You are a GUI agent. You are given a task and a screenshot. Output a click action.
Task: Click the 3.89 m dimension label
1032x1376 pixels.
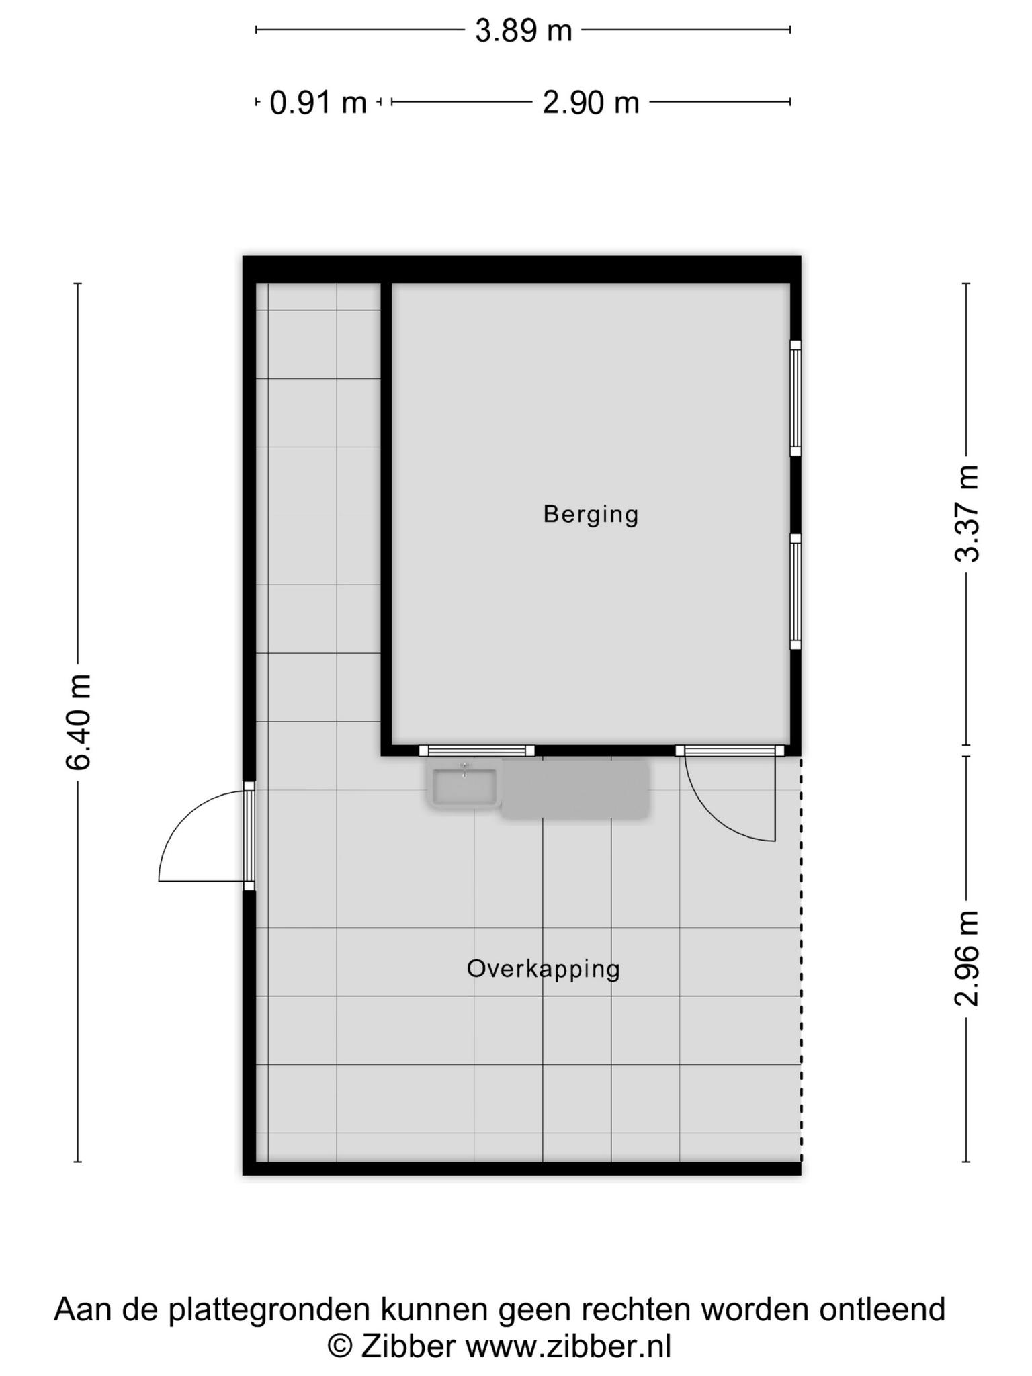tap(523, 31)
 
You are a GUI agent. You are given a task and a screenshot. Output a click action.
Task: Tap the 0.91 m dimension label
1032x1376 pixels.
tap(318, 103)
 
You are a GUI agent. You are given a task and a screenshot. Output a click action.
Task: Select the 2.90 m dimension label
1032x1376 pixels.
tap(591, 103)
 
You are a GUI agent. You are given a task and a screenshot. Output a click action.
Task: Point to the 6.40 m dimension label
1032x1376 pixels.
tap(78, 721)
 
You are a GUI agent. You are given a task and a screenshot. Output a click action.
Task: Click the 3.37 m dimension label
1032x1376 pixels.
tap(967, 514)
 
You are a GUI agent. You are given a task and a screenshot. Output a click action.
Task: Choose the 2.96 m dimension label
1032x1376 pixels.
tap(967, 959)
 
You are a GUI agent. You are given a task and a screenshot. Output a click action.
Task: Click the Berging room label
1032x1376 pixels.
tap(591, 515)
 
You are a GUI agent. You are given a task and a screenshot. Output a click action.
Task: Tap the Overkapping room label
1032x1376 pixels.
tap(543, 970)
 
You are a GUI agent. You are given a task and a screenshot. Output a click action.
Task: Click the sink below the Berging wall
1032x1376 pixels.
tap(464, 785)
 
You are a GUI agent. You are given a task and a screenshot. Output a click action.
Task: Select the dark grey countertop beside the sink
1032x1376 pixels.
tap(576, 789)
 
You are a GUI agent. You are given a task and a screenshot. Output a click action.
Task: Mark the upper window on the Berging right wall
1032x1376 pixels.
tap(795, 398)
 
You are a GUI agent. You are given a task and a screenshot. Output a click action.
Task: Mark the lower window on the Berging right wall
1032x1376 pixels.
tap(795, 592)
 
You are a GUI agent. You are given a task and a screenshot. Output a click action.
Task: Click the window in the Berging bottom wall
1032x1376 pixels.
tap(477, 750)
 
